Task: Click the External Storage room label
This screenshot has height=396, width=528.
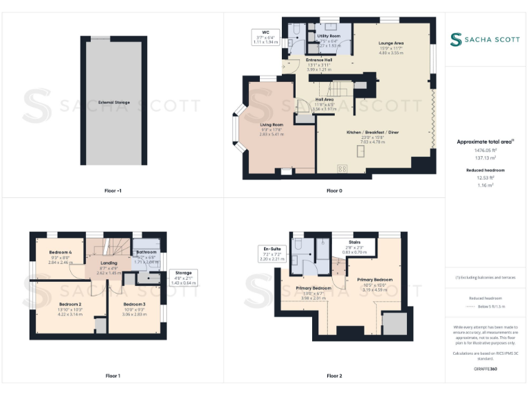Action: (113, 102)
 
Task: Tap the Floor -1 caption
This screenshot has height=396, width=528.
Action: (113, 190)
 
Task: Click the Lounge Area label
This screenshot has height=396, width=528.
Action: (390, 43)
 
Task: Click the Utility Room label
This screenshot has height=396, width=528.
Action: (329, 36)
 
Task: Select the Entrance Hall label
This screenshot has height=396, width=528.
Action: (319, 60)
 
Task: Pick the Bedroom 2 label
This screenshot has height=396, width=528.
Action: (70, 304)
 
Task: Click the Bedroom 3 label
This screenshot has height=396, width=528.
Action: (135, 304)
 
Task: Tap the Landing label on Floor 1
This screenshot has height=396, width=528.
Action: (109, 263)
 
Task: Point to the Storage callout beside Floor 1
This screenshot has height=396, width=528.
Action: (184, 273)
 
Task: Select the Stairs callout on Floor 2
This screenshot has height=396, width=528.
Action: (355, 243)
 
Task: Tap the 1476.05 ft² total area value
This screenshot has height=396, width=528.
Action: (485, 149)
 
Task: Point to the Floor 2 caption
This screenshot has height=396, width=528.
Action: (334, 376)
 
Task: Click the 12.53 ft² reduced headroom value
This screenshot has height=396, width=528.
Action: (485, 177)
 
